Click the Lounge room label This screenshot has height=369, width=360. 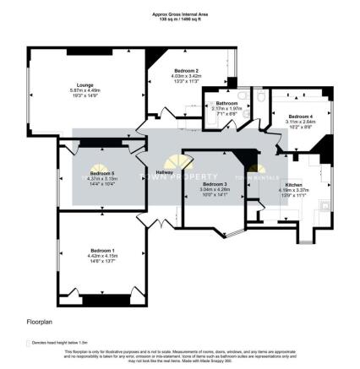pos(85,85)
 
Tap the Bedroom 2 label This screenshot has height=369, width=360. pos(186,71)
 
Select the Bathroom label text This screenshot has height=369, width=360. pos(226,103)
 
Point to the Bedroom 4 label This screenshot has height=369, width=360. pos(299,116)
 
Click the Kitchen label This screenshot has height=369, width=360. pos(293,183)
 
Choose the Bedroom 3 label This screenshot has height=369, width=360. pos(215,184)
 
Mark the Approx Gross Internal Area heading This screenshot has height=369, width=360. pos(179,14)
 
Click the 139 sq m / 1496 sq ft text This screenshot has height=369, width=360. pos(179,19)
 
